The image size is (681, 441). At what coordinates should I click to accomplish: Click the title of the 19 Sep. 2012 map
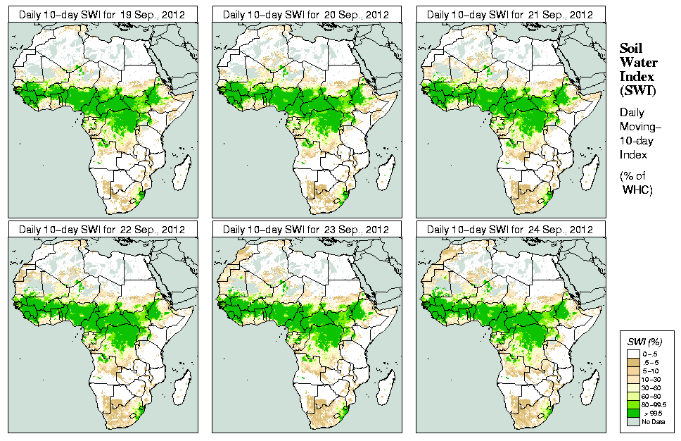[x=101, y=14]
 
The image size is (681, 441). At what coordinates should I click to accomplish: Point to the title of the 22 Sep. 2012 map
[x=101, y=230]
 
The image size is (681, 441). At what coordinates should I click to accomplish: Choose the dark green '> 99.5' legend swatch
[x=635, y=413]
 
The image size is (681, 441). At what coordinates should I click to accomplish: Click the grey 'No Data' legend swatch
[x=635, y=421]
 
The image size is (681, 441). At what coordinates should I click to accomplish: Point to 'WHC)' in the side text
[x=637, y=191]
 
